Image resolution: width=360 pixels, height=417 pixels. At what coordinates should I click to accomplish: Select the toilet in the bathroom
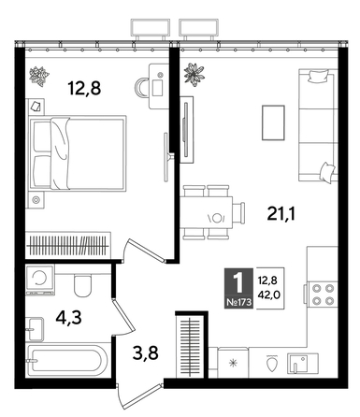coord(82,282)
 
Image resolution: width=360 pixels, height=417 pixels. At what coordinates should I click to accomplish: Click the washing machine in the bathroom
coord(42,280)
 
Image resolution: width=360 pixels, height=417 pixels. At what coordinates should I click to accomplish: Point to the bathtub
coord(65,359)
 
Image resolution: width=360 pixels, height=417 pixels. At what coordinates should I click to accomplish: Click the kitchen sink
coord(302,361)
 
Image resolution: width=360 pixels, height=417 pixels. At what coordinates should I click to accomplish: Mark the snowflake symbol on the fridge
coord(233,361)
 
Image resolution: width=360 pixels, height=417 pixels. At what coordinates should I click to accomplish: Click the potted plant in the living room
coord(194,72)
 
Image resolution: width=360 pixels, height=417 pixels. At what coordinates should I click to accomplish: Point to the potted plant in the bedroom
coord(41,73)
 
